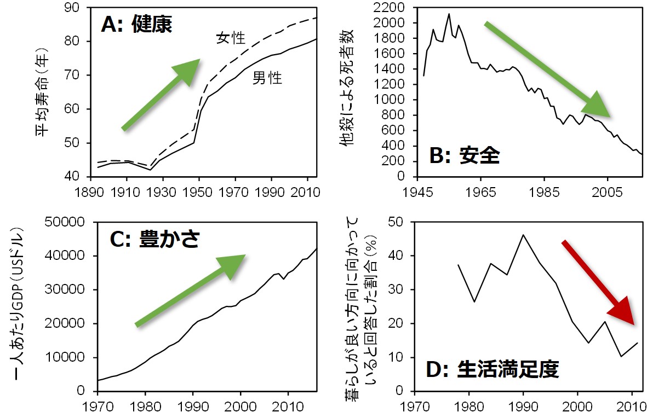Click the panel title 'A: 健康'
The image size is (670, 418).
click(136, 25)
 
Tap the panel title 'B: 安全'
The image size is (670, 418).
click(465, 156)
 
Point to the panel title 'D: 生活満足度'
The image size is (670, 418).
click(493, 370)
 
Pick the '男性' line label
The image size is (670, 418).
click(267, 78)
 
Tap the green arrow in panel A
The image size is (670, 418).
click(161, 94)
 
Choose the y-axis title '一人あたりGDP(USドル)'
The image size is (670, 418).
click(20, 306)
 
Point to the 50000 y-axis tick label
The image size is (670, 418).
click(65, 222)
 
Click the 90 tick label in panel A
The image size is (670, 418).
click(72, 8)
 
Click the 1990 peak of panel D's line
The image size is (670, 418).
click(523, 235)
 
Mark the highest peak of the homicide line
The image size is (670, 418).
click(449, 14)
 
